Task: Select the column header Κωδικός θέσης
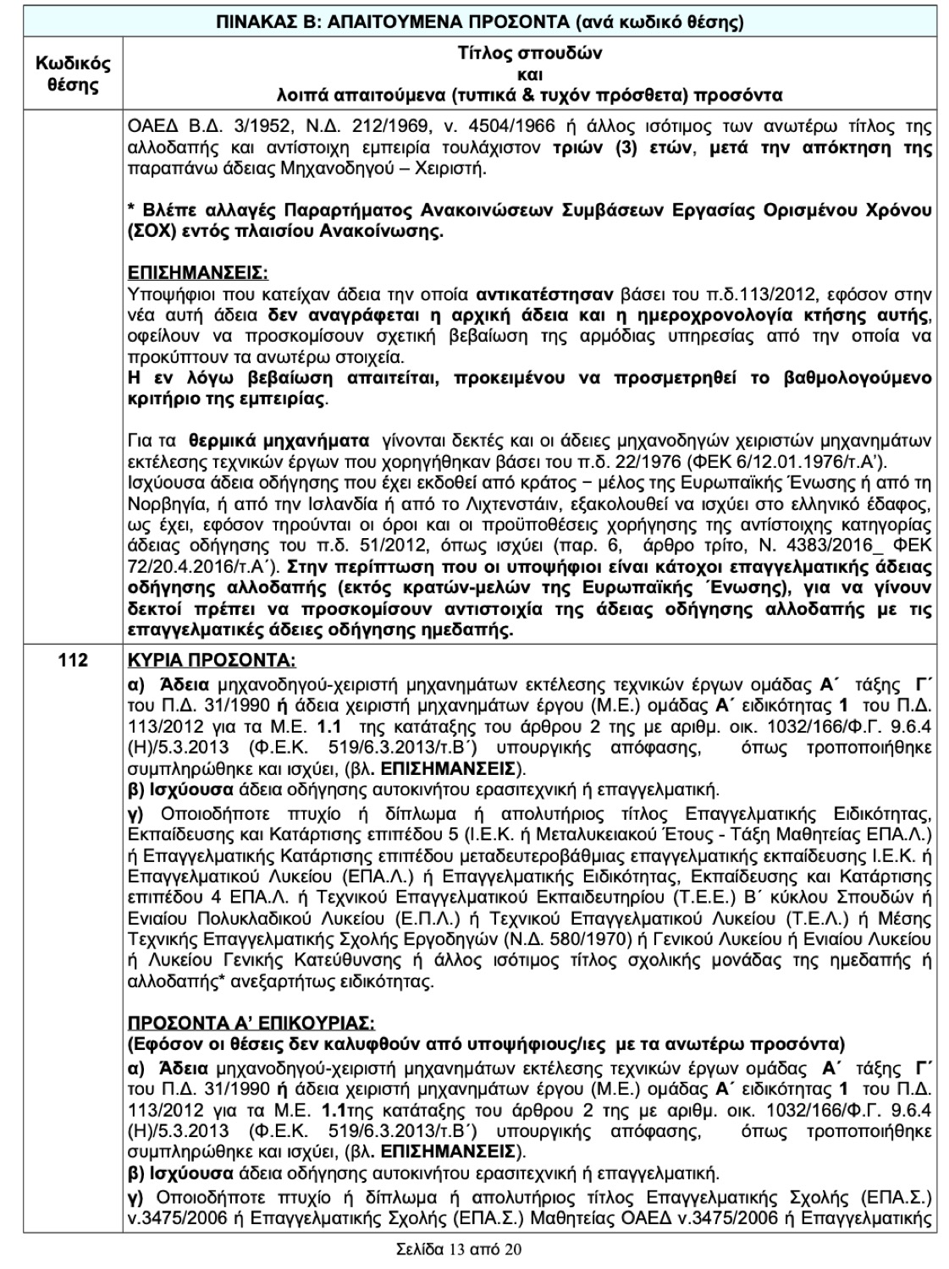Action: point(72,74)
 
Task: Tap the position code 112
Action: point(73,661)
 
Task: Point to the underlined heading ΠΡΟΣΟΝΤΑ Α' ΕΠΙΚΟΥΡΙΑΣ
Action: point(251,1021)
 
